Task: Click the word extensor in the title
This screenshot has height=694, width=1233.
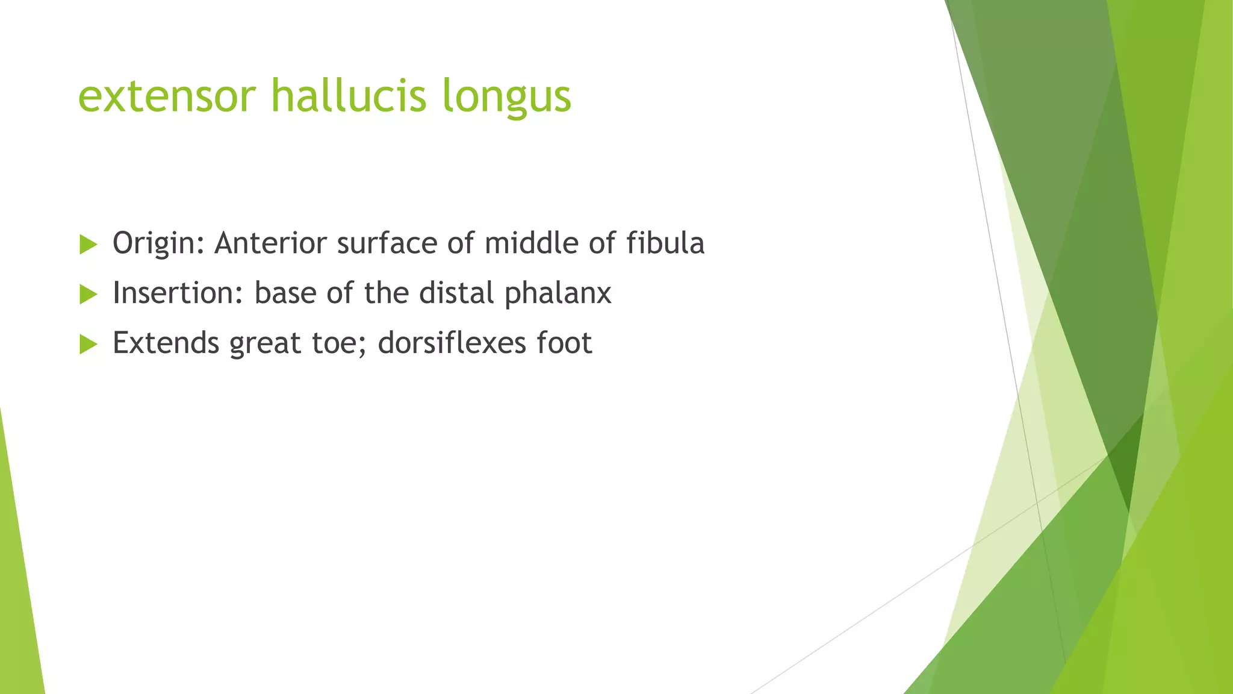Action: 167,96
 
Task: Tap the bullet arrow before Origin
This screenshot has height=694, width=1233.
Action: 88,245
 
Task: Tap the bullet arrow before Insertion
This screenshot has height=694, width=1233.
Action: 88,295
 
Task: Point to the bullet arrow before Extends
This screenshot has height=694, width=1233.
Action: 88,345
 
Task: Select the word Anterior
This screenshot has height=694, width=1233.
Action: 270,243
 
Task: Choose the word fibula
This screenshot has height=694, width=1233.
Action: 665,243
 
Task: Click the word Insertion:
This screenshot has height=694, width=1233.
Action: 178,293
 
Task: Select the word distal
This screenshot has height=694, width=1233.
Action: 457,293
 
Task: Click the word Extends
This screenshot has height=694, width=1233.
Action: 166,343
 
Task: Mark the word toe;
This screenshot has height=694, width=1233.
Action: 338,343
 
